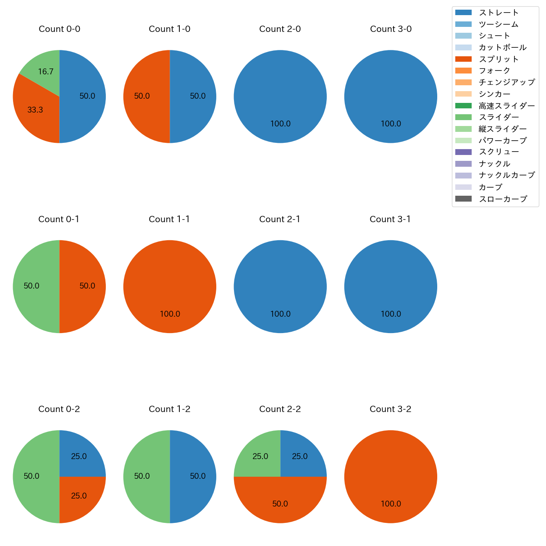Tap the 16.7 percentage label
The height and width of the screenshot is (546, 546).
pos(46,72)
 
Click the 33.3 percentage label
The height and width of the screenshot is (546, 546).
pos(35,110)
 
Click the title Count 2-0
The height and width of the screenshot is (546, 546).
pos(280,29)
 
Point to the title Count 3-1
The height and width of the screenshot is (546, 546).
pos(390,219)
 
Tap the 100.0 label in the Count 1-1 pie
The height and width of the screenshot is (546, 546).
pos(170,314)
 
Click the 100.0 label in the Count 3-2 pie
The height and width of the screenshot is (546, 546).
pos(391,504)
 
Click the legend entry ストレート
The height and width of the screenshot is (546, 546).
pos(499,13)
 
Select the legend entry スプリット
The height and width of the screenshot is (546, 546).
pos(499,59)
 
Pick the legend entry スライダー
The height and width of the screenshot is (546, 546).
pos(499,117)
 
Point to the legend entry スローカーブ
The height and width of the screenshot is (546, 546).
pos(503,199)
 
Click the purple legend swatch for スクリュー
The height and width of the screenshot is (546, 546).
pos(463,152)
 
